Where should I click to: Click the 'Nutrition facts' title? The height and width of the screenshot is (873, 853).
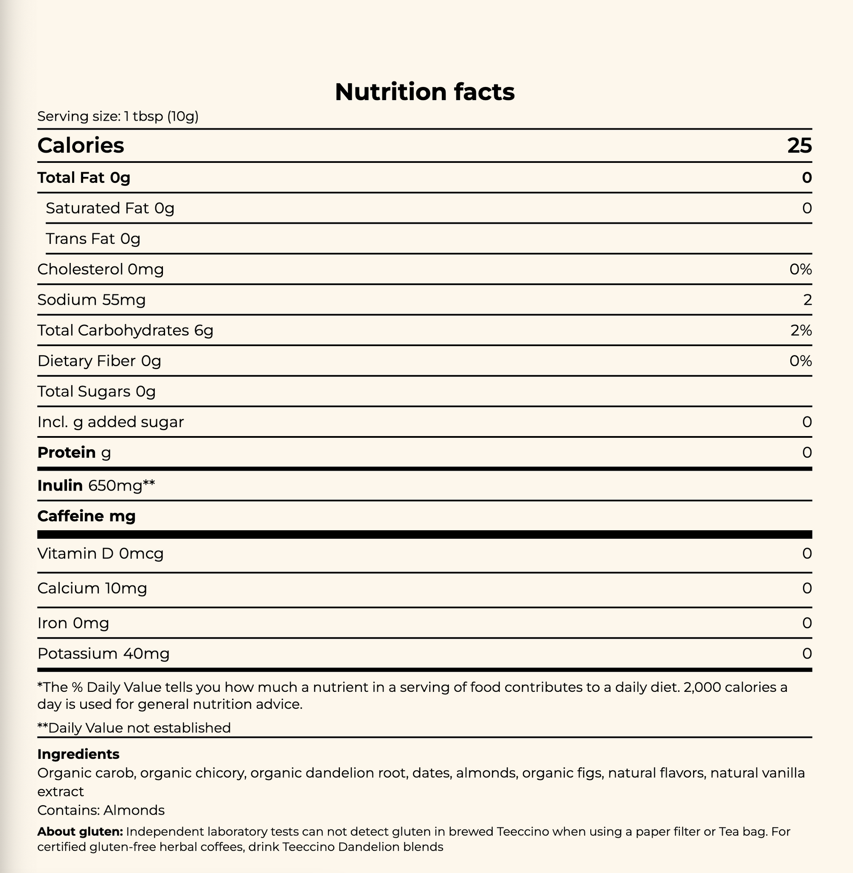[x=425, y=92]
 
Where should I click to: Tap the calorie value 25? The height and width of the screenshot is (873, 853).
[x=799, y=145]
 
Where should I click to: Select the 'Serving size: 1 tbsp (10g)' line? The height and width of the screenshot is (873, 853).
[x=118, y=116]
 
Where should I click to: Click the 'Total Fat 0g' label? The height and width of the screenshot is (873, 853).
[x=84, y=178]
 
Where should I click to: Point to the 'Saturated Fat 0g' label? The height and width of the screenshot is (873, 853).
[x=110, y=208]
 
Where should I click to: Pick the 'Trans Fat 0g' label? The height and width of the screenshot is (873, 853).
[x=93, y=239]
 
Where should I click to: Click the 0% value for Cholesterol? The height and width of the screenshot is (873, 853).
[x=800, y=269]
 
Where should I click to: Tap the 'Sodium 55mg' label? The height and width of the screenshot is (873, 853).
[x=91, y=300]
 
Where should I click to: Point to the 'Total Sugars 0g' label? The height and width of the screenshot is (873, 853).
[x=96, y=391]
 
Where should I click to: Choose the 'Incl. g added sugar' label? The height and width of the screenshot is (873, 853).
[x=110, y=422]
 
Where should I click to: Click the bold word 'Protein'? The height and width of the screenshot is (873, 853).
[x=66, y=453]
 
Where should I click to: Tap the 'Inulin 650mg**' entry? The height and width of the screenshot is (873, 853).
[x=96, y=485]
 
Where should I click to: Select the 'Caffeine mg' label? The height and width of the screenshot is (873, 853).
[x=87, y=516]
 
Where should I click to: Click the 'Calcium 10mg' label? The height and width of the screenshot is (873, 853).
[x=92, y=588]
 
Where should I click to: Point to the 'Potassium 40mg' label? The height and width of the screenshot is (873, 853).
[x=104, y=653]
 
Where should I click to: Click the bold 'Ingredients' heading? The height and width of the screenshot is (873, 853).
[x=78, y=754]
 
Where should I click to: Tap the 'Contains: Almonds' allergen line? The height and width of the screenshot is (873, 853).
[x=101, y=810]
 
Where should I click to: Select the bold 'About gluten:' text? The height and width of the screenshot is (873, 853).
[x=80, y=832]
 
